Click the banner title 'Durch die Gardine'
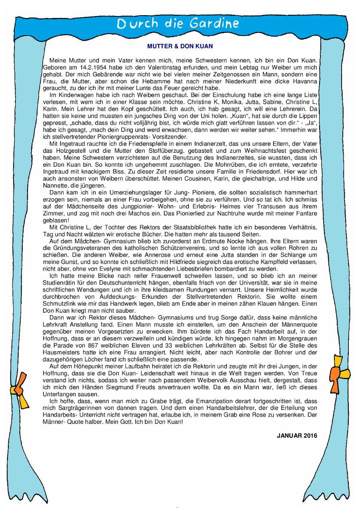pyautogui.click(x=178, y=24)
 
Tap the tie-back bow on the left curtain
pyautogui.click(x=22, y=394)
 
